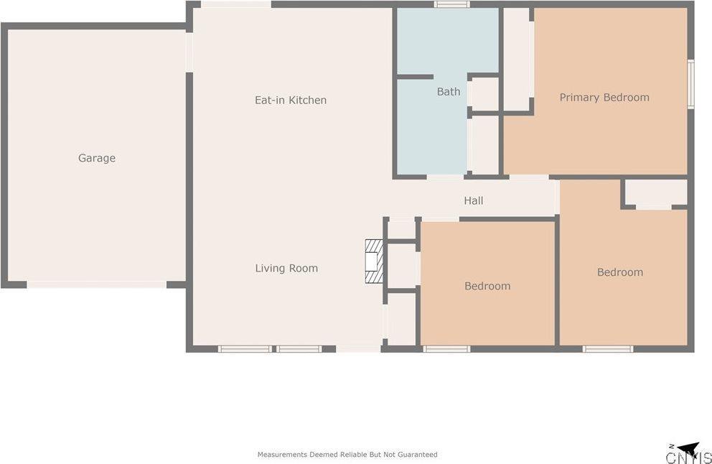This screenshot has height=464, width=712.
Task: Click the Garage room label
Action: [97, 158]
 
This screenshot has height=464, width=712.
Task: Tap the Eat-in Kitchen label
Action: [291, 100]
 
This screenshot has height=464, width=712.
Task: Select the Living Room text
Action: [286, 268]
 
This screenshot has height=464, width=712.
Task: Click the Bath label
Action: [449, 91]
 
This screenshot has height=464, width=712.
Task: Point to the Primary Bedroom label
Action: [604, 97]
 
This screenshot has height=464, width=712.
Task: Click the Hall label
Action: [474, 200]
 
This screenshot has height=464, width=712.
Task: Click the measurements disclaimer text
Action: [347, 454]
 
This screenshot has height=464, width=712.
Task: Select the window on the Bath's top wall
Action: [452, 4]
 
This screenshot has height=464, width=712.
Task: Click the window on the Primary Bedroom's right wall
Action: [690, 83]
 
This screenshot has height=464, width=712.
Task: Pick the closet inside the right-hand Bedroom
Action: [655, 192]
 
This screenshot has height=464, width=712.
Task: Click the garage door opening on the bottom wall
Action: [97, 284]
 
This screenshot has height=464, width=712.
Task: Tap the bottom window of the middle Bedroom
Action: [446, 349]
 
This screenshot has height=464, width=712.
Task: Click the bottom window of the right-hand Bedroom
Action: [607, 349]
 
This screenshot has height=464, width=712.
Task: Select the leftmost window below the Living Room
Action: [245, 349]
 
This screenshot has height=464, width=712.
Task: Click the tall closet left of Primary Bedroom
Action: [516, 59]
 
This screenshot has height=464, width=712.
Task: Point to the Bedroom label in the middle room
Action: [487, 286]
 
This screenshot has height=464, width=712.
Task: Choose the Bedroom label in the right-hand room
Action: [620, 272]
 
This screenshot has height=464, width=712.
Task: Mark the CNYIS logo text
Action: [688, 458]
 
